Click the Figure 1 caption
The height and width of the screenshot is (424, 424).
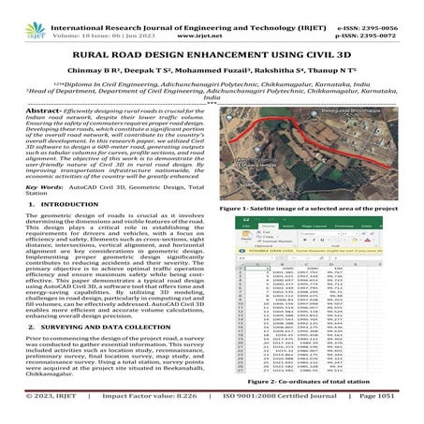pos(307,208)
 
